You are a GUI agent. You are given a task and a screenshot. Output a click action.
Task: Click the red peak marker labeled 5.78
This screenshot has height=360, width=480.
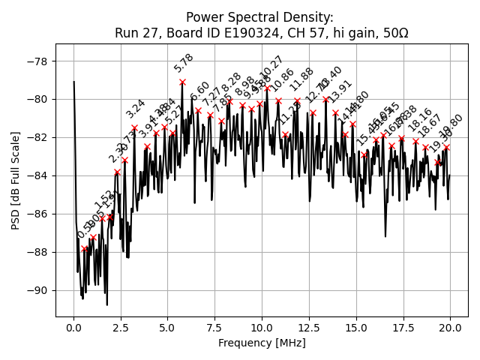click(182, 82)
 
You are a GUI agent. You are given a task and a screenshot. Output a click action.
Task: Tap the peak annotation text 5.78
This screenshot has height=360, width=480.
click(184, 63)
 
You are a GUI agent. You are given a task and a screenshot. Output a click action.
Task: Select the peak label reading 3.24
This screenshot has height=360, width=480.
click(136, 109)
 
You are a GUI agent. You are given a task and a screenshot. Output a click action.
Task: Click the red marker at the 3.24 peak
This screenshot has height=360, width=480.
click(135, 127)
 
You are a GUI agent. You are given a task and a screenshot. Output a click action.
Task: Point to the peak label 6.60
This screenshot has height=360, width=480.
click(201, 91)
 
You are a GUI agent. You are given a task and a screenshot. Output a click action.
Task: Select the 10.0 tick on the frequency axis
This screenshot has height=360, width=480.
click(262, 328)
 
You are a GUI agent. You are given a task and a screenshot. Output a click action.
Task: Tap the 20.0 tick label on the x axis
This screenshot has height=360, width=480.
click(450, 328)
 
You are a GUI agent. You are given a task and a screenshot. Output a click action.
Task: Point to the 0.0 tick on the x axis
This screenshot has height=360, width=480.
click(73, 328)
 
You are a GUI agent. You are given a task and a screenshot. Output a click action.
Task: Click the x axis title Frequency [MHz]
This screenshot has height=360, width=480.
click(262, 343)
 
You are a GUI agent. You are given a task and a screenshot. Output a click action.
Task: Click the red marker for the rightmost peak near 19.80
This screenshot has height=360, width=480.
click(446, 148)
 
